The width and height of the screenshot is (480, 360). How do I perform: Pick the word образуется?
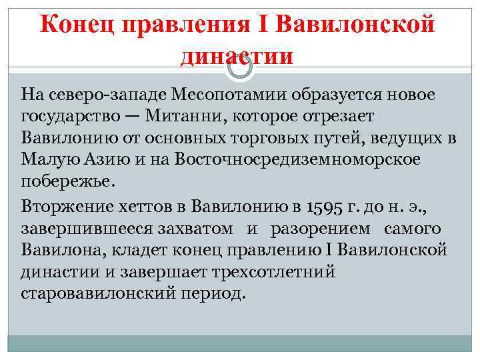[331, 95]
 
